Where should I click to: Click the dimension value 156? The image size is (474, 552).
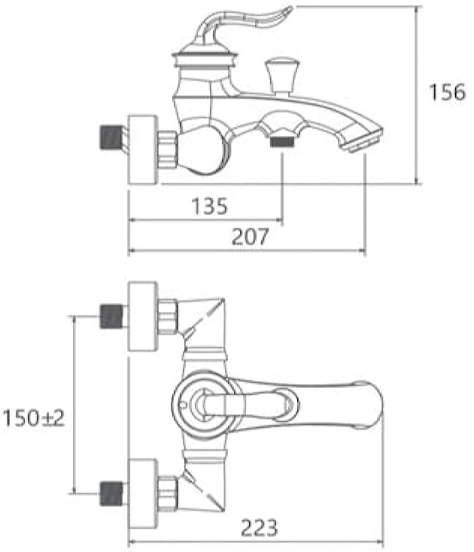tap(447, 92)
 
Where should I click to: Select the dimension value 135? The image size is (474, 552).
tap(209, 206)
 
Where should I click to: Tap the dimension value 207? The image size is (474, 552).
tap(250, 237)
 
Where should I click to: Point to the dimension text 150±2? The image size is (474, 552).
tap(34, 418)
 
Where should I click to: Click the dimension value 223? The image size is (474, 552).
tap(260, 528)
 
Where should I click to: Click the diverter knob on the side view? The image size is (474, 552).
tap(282, 77)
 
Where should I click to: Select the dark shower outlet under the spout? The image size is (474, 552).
tap(282, 142)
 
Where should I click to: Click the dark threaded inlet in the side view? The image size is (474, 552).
tap(110, 137)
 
